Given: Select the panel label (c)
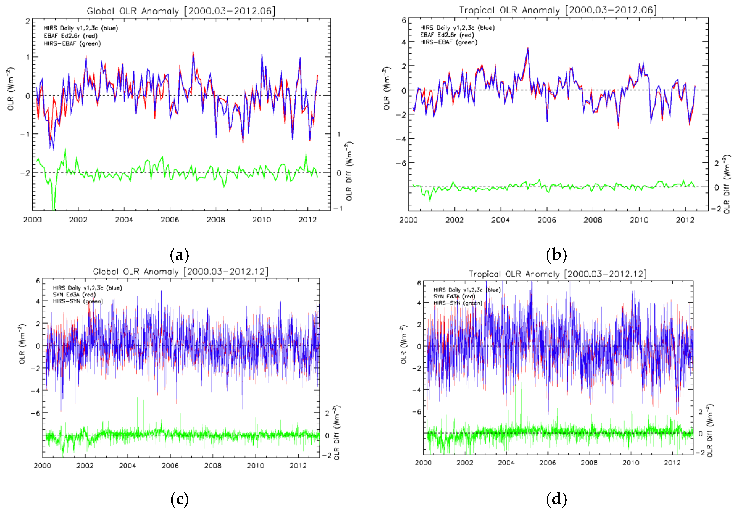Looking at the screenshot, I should tap(180, 499).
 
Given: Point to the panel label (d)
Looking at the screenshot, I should tap(556, 499).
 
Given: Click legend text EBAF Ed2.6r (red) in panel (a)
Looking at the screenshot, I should tap(71, 36).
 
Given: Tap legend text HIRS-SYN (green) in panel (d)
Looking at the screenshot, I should tap(458, 303).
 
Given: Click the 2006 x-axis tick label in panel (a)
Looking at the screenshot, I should tap(170, 220).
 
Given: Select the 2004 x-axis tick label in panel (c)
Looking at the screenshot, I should tap(127, 466).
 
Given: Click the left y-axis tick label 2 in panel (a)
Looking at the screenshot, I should tap(28, 21).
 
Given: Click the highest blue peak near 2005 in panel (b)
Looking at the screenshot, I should tap(528, 49).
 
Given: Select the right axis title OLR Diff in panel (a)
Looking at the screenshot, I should tap(349, 171).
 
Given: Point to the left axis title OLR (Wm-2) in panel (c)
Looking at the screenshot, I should tap(22, 344).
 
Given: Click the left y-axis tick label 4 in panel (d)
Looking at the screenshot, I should tap(419, 303).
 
